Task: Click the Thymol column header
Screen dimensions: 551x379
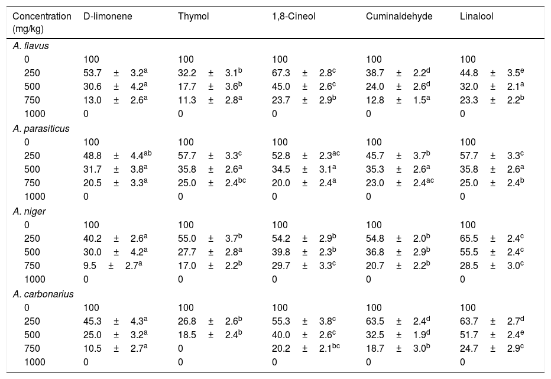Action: click(193, 17)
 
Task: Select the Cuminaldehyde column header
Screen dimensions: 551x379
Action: click(399, 17)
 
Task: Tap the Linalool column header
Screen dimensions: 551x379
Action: click(477, 17)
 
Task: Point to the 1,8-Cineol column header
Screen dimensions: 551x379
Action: click(293, 17)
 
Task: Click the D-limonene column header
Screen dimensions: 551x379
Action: click(108, 17)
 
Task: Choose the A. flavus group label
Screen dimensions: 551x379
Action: click(31, 46)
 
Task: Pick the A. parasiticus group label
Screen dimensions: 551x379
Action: click(41, 129)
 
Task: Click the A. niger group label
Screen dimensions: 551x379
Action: click(29, 211)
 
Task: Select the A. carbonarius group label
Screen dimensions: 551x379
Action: click(43, 294)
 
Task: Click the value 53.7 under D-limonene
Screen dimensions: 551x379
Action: click(92, 73)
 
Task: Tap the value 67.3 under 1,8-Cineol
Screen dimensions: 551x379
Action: click(281, 73)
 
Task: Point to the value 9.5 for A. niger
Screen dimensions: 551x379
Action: click(90, 266)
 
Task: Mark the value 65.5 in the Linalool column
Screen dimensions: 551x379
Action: click(469, 238)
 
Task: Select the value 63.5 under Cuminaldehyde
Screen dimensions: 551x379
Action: click(375, 321)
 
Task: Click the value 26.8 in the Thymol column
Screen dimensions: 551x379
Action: click(187, 321)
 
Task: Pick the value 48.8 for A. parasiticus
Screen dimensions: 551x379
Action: click(92, 156)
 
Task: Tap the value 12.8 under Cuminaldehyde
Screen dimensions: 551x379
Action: click(375, 100)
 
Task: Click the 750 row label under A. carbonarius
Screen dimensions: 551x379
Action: click(32, 348)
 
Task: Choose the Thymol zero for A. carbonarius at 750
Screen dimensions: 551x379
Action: click(180, 348)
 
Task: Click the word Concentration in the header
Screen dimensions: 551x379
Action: click(42, 17)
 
